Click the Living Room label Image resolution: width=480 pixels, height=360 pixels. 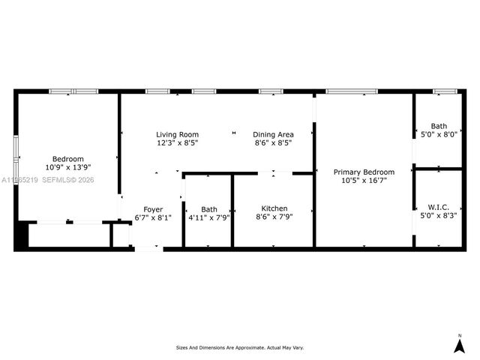tap(177, 133)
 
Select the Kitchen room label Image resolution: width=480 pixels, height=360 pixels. tap(274, 208)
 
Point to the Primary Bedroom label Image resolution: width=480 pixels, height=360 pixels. tap(364, 172)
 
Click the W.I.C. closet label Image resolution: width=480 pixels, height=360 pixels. tap(438, 207)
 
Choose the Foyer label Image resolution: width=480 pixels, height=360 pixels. tap(153, 209)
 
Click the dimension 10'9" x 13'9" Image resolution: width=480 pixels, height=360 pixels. tap(68, 167)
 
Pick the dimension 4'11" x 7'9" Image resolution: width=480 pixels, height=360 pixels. tap(209, 217)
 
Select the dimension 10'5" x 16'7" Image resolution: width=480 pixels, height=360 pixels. tap(364, 180)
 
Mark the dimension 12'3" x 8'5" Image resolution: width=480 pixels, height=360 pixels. tap(177, 142)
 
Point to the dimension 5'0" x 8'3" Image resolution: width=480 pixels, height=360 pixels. tap(438, 215)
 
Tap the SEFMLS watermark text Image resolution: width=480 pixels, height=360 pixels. tap(66, 180)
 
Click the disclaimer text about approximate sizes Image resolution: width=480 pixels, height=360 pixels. tap(240, 347)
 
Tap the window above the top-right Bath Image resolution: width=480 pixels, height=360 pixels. tap(445, 91)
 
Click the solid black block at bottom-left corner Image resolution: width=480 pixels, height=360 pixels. tap(22, 235)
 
